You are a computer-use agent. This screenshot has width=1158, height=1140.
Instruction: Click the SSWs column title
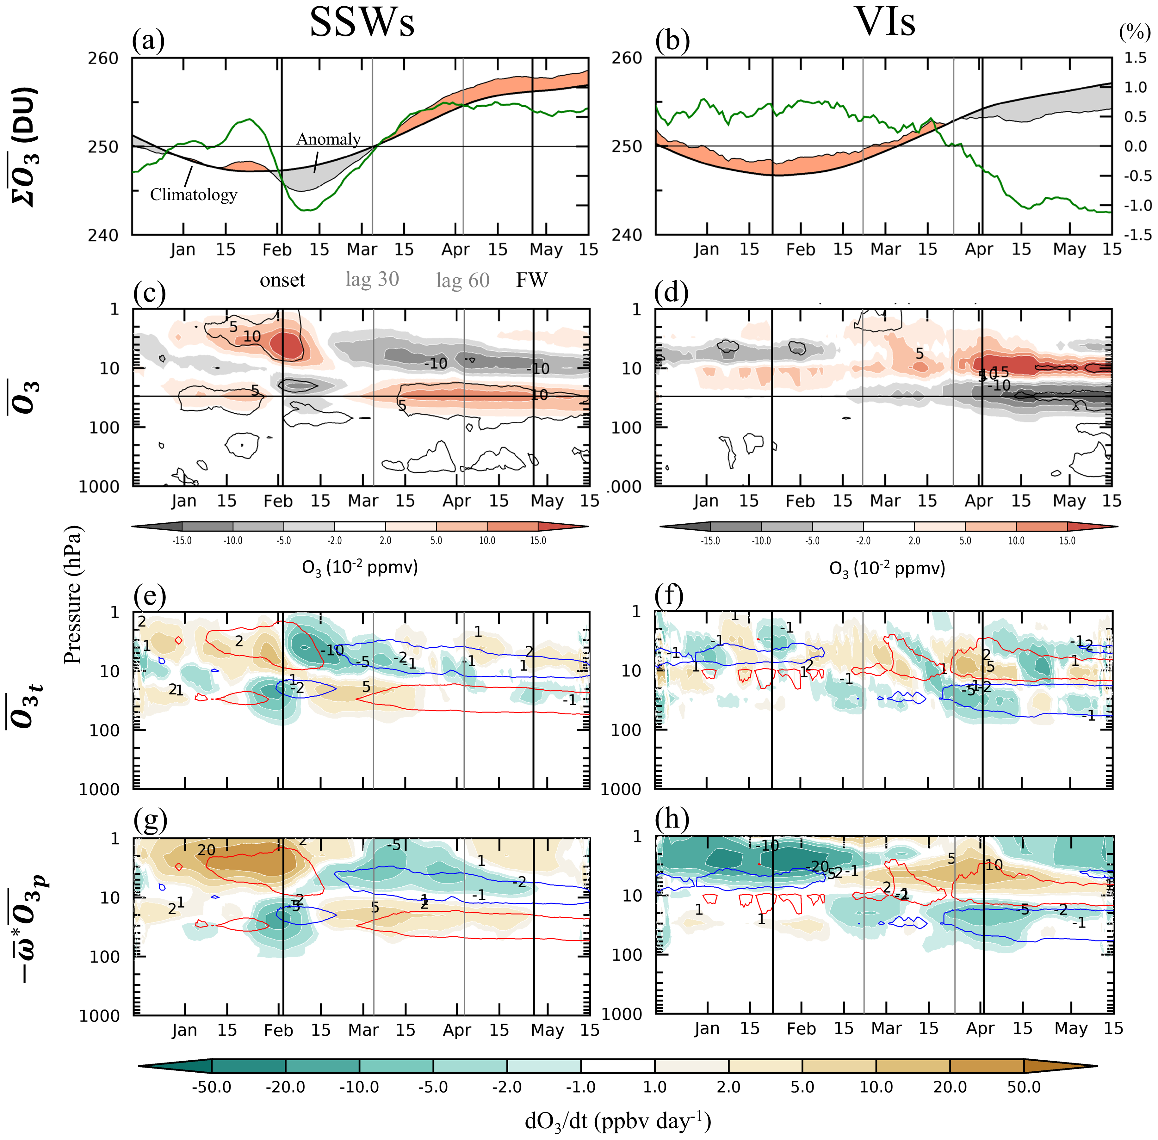[x=362, y=23]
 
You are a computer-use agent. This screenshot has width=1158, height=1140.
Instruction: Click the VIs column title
[x=885, y=23]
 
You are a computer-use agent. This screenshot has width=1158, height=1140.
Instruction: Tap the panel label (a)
[x=148, y=41]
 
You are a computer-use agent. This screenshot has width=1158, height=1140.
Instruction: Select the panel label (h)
[x=672, y=818]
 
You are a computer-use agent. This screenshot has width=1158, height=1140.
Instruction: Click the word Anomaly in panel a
[x=329, y=139]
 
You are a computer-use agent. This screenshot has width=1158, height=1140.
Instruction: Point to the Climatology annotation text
[x=193, y=194]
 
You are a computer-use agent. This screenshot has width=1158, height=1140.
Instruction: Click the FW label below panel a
[x=532, y=280]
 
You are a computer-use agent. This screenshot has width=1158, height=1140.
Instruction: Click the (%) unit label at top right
[x=1135, y=32]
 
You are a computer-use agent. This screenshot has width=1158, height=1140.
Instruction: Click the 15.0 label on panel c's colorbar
[x=538, y=541]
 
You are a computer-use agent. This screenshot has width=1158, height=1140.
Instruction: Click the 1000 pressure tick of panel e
[x=99, y=789]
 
